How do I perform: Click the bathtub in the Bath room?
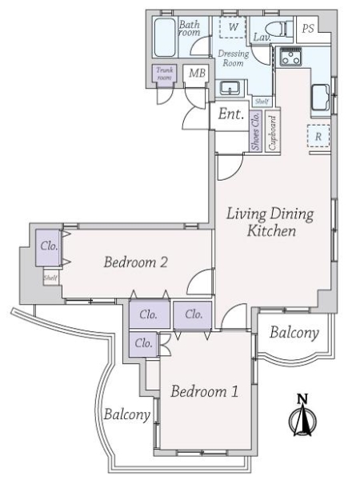(x=166, y=38)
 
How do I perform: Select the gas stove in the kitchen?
(x=290, y=56)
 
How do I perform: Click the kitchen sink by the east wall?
(x=320, y=98)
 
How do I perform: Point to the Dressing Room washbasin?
(x=230, y=88)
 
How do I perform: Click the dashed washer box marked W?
(x=233, y=27)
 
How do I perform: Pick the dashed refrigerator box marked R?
(x=318, y=136)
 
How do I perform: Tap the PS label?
(x=308, y=29)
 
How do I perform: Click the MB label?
(x=197, y=73)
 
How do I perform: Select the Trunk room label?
(x=165, y=74)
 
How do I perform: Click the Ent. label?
(x=231, y=114)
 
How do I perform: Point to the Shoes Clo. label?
(x=255, y=131)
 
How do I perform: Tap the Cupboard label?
(x=272, y=133)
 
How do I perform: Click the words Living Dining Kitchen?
(x=270, y=222)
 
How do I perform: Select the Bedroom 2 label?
(x=136, y=262)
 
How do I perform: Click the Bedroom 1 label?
(x=204, y=391)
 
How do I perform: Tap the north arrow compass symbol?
(x=302, y=416)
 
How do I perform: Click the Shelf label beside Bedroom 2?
(x=50, y=278)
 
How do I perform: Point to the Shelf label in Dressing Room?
(x=262, y=102)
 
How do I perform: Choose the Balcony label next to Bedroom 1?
(x=126, y=414)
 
